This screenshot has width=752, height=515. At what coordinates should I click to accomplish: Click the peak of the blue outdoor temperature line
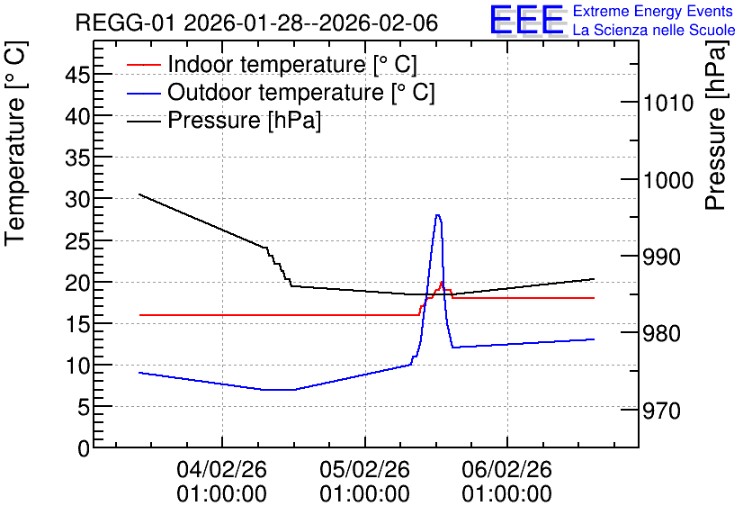(437, 215)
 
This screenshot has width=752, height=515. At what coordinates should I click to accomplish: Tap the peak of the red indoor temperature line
(442, 282)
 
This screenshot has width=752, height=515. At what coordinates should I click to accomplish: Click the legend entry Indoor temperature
(292, 64)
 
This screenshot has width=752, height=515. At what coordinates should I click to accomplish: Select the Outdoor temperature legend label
(301, 92)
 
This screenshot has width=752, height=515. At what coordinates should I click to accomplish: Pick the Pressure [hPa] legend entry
(244, 120)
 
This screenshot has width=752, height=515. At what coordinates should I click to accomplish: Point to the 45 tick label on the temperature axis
(77, 75)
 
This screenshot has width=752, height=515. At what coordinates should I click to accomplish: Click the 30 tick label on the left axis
(77, 199)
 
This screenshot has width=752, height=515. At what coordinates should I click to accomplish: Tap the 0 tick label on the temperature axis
(84, 448)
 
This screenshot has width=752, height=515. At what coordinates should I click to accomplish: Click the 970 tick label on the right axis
(661, 411)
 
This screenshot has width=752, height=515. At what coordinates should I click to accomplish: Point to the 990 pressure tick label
(661, 257)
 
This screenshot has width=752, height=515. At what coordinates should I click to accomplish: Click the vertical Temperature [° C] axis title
(16, 144)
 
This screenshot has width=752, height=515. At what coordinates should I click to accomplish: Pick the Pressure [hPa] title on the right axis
(716, 125)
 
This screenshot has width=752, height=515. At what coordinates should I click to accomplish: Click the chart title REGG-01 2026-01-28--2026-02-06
(256, 23)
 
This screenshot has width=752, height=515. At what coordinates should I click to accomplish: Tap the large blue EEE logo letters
(526, 20)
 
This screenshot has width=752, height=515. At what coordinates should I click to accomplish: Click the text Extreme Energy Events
(653, 11)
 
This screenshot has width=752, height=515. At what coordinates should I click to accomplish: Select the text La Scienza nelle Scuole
(654, 30)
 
